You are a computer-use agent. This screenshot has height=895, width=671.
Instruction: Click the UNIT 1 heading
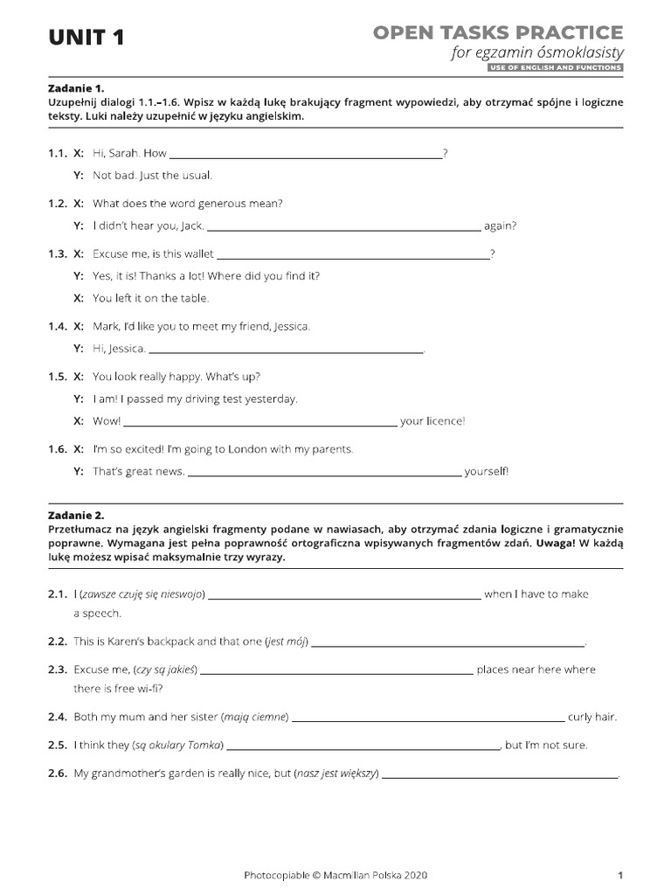tap(86, 38)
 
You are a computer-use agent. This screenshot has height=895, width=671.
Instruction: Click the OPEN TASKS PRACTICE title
tap(498, 33)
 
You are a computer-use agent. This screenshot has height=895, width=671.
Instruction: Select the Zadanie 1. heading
tap(76, 89)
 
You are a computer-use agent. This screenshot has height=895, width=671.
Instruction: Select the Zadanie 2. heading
tap(76, 516)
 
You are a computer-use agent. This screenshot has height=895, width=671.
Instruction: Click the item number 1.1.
tap(58, 153)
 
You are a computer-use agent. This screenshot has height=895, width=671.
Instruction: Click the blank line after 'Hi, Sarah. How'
tap(306, 155)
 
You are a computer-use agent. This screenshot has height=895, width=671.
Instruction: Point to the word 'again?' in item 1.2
tap(500, 225)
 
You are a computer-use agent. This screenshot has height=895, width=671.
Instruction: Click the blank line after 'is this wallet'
tap(352, 255)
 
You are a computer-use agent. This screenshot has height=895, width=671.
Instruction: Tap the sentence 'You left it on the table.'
tap(151, 298)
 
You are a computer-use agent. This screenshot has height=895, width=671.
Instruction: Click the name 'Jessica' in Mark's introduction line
tap(291, 327)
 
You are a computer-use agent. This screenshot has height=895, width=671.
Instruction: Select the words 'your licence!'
tap(432, 421)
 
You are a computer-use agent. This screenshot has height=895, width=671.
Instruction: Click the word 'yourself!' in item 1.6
tap(486, 472)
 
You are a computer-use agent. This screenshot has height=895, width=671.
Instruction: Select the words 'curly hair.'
tap(592, 718)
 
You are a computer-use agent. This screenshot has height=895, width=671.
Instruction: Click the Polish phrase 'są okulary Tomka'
tap(179, 746)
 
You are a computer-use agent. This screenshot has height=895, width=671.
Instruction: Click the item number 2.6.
tap(58, 774)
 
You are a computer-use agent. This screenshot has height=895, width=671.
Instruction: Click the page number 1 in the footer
tap(619, 875)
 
